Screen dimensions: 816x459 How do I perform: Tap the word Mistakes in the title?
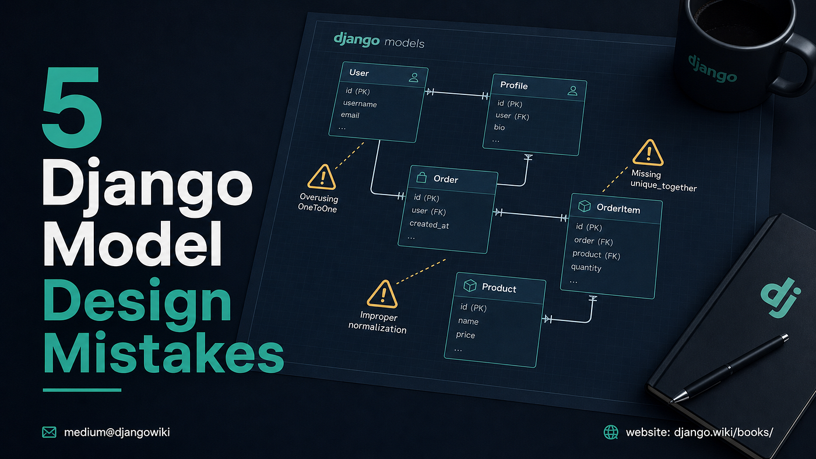[164, 352]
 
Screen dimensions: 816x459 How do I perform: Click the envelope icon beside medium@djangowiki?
[49, 432]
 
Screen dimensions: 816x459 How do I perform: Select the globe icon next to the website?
[611, 432]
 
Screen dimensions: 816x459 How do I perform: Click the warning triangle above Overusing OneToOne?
[321, 177]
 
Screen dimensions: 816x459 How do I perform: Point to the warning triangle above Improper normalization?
[382, 294]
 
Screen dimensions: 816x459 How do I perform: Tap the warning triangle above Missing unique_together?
[648, 153]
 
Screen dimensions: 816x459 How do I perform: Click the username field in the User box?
[360, 104]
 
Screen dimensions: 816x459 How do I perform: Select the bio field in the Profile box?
[500, 127]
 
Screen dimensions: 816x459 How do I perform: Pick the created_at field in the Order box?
[429, 225]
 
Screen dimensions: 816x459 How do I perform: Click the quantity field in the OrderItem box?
[586, 267]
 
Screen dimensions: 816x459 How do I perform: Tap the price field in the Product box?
[466, 335]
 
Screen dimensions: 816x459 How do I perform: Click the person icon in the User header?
[413, 77]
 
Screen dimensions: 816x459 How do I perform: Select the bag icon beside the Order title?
[421, 177]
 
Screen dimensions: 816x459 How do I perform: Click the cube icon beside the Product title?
[470, 285]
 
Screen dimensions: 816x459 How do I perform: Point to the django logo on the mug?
[712, 69]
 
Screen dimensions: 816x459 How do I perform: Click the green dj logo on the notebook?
[780, 298]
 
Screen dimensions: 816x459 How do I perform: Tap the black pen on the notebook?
[729, 368]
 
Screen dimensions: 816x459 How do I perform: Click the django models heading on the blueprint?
[379, 40]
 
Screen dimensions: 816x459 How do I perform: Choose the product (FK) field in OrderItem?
[596, 255]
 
